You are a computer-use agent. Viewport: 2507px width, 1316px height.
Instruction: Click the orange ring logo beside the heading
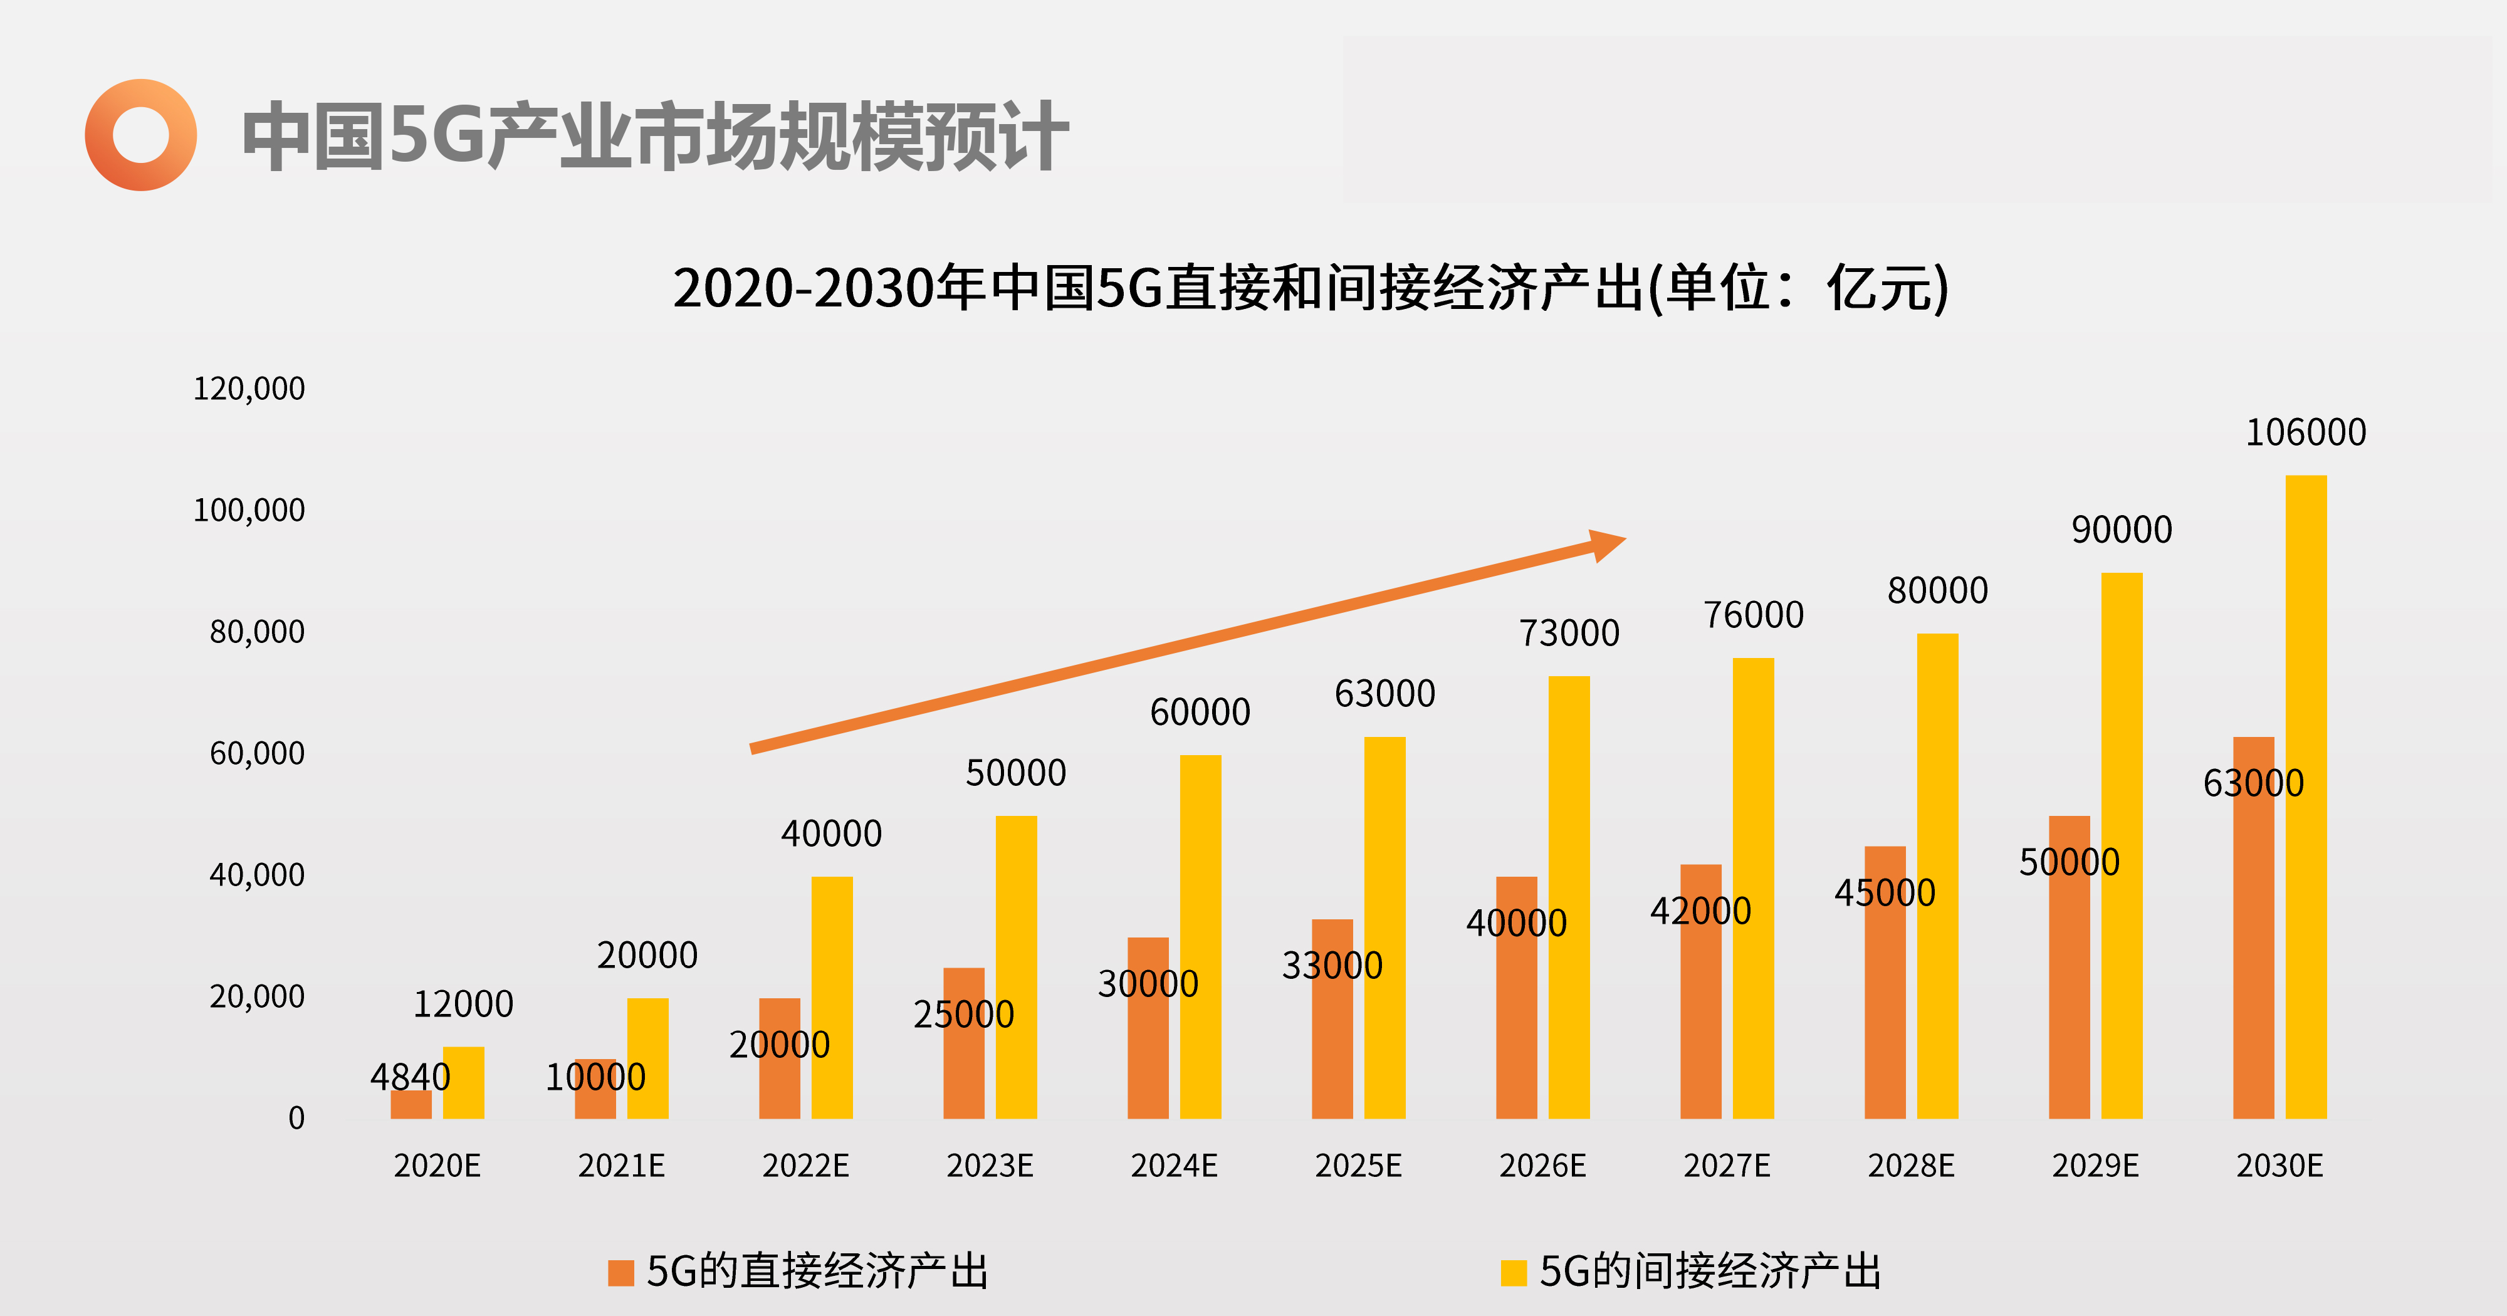[140, 134]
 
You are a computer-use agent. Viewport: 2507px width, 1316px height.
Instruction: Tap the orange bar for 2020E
[411, 1105]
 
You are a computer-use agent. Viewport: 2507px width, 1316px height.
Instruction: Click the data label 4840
[410, 1077]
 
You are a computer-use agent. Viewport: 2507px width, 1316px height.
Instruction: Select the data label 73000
[1569, 634]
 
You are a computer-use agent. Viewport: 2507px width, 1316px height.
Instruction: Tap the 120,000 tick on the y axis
[249, 389]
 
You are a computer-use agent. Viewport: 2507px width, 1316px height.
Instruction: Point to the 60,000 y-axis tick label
[257, 753]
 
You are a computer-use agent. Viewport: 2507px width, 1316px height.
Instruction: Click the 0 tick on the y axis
[296, 1117]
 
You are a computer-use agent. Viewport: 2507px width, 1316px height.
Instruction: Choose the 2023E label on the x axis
[990, 1165]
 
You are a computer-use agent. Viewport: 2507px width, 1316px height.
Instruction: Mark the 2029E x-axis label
[2095, 1165]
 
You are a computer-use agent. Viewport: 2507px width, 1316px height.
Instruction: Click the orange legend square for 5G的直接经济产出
[620, 1272]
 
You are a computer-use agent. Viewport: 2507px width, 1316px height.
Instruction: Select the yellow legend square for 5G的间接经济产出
[1514, 1272]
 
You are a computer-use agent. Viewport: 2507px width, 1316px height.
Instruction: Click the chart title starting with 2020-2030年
[1310, 288]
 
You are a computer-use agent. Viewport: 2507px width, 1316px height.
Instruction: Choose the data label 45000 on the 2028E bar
[1884, 892]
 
